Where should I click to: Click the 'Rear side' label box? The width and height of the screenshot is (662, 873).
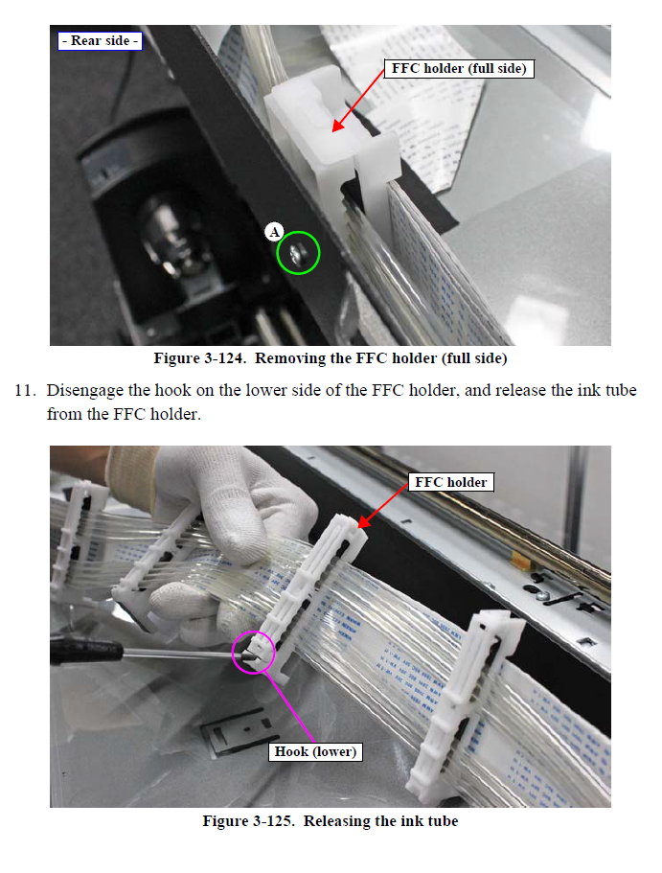point(101,41)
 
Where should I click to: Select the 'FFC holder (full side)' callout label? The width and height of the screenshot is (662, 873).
point(459,68)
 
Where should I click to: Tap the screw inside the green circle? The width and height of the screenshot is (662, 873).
point(295,255)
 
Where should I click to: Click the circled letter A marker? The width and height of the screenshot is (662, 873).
point(274,232)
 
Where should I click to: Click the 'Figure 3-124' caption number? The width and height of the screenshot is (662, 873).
point(199,358)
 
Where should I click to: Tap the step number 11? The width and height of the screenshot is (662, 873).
point(25,390)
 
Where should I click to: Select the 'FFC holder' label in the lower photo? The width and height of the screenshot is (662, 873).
point(451,482)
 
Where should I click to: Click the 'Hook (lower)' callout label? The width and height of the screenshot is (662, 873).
point(315,751)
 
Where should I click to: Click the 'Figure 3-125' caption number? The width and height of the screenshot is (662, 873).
point(248,821)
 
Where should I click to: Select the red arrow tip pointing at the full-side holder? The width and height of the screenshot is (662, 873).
point(333,131)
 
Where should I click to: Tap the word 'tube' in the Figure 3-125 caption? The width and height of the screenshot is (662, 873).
point(440,821)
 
